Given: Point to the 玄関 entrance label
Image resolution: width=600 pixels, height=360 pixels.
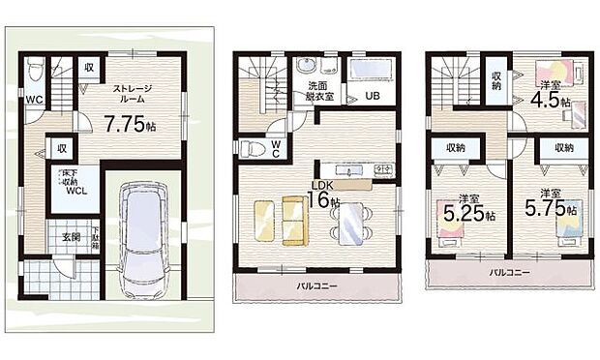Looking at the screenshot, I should coord(72,237).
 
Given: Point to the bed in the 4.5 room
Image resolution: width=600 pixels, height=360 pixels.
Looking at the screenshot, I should coord(572,73).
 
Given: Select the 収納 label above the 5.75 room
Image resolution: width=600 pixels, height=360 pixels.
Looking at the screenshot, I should coord(563,148).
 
